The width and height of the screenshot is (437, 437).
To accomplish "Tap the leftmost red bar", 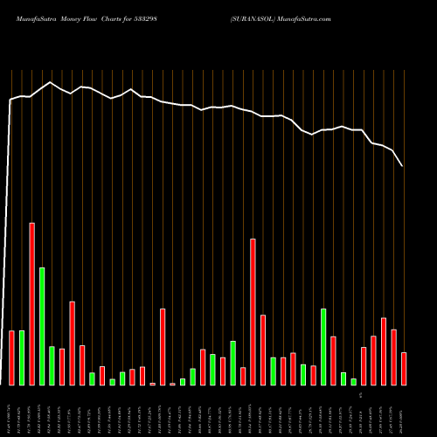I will (11, 357).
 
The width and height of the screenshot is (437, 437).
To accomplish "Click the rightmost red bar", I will (404, 368).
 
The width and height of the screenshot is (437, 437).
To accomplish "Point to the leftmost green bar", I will (22, 357).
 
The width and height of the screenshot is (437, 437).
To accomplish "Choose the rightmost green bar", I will (353, 381).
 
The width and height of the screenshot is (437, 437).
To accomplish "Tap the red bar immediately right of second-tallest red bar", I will (263, 350).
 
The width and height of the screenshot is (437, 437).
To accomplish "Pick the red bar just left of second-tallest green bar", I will (313, 375).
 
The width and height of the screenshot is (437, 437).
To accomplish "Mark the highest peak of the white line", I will (51, 82).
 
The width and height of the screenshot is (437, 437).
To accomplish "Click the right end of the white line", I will (403, 166).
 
